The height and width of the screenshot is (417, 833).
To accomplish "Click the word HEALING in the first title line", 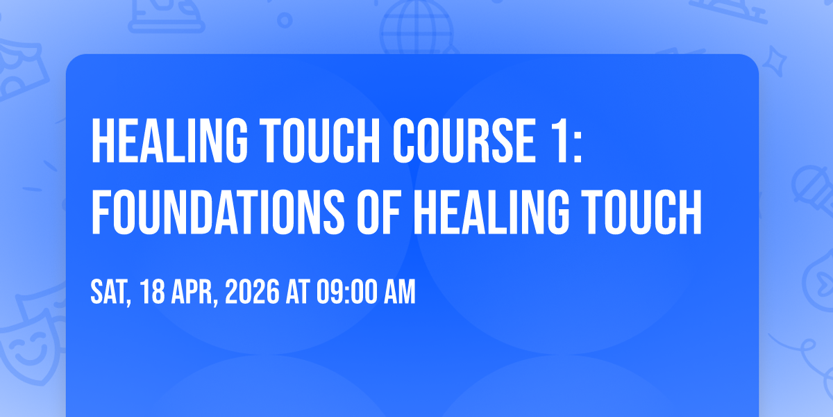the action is (169, 140).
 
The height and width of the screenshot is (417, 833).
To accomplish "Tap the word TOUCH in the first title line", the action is (319, 140).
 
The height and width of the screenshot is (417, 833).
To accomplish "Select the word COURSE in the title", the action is (464, 140).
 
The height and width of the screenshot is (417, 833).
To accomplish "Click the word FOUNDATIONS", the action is (218, 212).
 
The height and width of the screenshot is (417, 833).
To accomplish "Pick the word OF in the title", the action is (378, 212).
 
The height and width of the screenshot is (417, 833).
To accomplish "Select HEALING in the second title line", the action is (491, 212).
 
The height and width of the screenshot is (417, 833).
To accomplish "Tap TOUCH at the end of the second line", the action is (641, 212).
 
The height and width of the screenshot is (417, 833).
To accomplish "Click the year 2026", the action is (252, 292).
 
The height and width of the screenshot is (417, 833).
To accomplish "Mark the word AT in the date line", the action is (298, 292).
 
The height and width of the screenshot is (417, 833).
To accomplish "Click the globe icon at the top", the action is (416, 27).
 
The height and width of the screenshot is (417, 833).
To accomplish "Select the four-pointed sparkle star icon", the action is (775, 62).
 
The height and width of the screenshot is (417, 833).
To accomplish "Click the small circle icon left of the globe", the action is (285, 20).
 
